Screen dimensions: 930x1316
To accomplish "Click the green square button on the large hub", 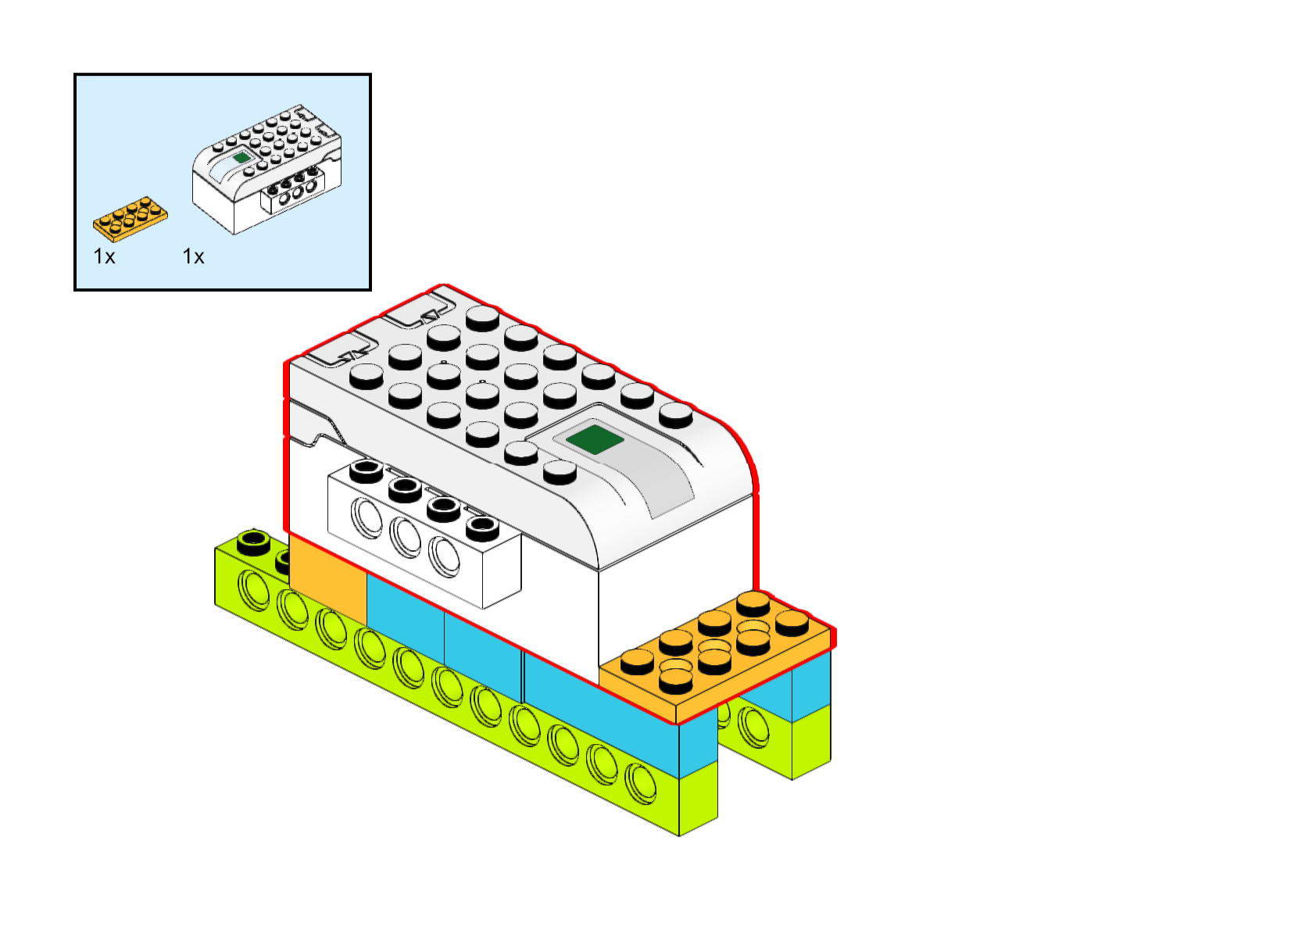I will [595, 439].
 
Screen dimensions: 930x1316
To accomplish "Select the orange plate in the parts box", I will [130, 217].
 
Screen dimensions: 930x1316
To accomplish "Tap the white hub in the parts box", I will [267, 168].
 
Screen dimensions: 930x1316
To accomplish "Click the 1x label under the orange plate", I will [104, 256].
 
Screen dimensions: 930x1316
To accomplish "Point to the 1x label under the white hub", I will [193, 256].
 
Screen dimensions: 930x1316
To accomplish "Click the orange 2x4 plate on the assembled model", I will [715, 656].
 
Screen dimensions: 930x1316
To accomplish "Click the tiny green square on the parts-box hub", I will [241, 157].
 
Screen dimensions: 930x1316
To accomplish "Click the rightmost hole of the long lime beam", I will [641, 783].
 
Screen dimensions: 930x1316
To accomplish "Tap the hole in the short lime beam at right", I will [753, 725].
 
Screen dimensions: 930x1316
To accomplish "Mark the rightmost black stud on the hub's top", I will [676, 414].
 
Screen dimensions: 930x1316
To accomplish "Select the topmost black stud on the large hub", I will [482, 317].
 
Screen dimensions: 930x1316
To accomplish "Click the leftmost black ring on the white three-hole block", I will [366, 471].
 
